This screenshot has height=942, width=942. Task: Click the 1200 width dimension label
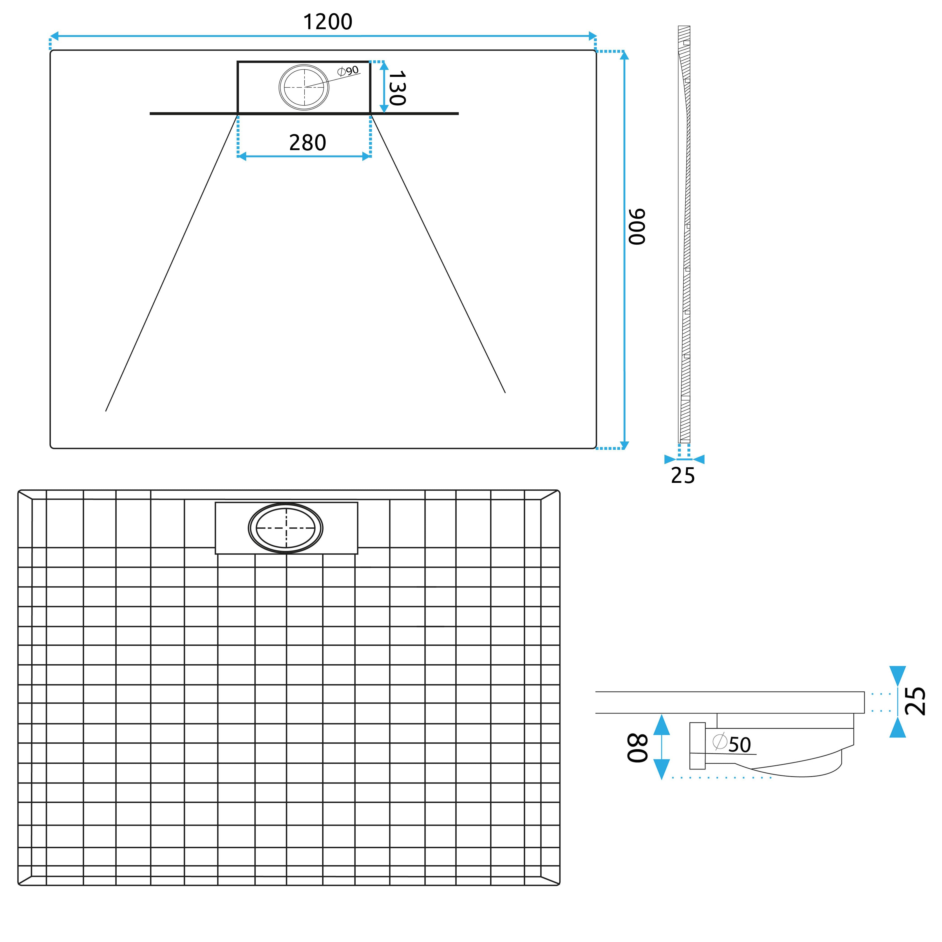point(328,22)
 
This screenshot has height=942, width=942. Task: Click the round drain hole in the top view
point(304,87)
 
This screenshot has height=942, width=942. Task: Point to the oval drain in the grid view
point(286,528)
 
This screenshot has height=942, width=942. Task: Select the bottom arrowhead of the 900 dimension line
point(624,445)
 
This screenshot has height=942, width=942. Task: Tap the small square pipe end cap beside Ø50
point(697,746)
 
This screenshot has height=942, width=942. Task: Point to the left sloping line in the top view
point(171,263)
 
